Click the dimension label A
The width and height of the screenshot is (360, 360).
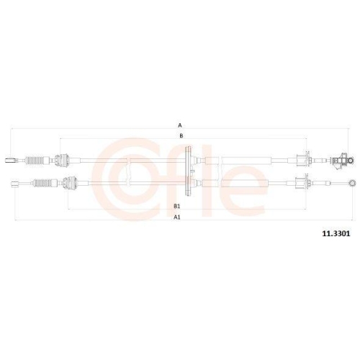click(181, 125)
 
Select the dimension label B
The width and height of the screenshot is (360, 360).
click(181, 135)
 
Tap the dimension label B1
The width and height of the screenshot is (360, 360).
click(176, 206)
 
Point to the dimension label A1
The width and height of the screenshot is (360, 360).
click(176, 216)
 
